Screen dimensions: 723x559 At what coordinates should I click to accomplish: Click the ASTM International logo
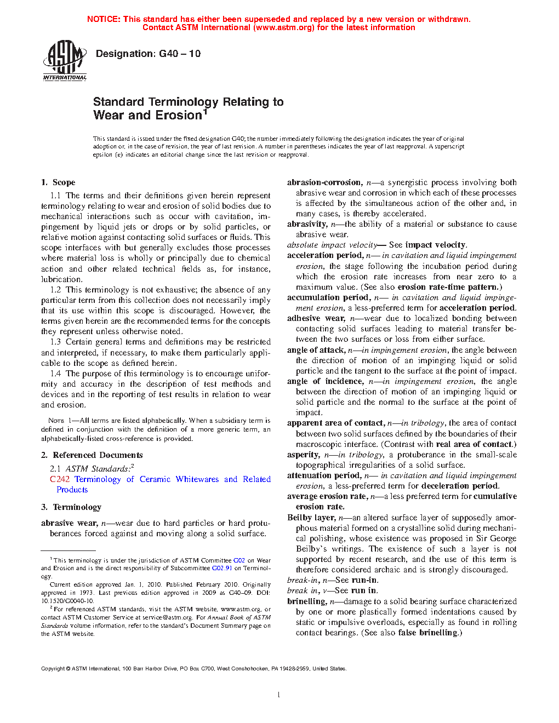[x=65, y=60]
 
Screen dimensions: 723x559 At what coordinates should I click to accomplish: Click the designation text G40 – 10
[x=148, y=54]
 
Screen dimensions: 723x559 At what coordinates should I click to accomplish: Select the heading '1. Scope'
[x=58, y=182]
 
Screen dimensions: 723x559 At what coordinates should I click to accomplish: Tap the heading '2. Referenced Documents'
[x=92, y=455]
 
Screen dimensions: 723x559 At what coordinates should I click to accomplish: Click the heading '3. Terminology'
[x=71, y=507]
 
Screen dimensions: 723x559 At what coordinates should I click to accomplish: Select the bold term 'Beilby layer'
[x=311, y=518]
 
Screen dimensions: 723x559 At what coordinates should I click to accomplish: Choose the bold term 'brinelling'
[x=306, y=601]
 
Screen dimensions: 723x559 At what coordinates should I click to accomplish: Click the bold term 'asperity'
[x=303, y=455]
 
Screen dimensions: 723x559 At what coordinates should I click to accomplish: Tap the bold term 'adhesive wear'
[x=316, y=318]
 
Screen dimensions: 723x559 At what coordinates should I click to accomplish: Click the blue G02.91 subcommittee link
[x=222, y=569]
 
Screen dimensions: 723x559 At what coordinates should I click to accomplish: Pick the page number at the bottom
[x=279, y=695]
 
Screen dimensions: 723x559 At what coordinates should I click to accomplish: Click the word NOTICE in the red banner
[x=104, y=19]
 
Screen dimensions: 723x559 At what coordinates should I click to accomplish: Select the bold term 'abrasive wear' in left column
[x=69, y=523]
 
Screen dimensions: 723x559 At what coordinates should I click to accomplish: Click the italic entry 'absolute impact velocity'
[x=332, y=245]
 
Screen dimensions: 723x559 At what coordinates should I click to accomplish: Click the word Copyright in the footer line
[x=53, y=668]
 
